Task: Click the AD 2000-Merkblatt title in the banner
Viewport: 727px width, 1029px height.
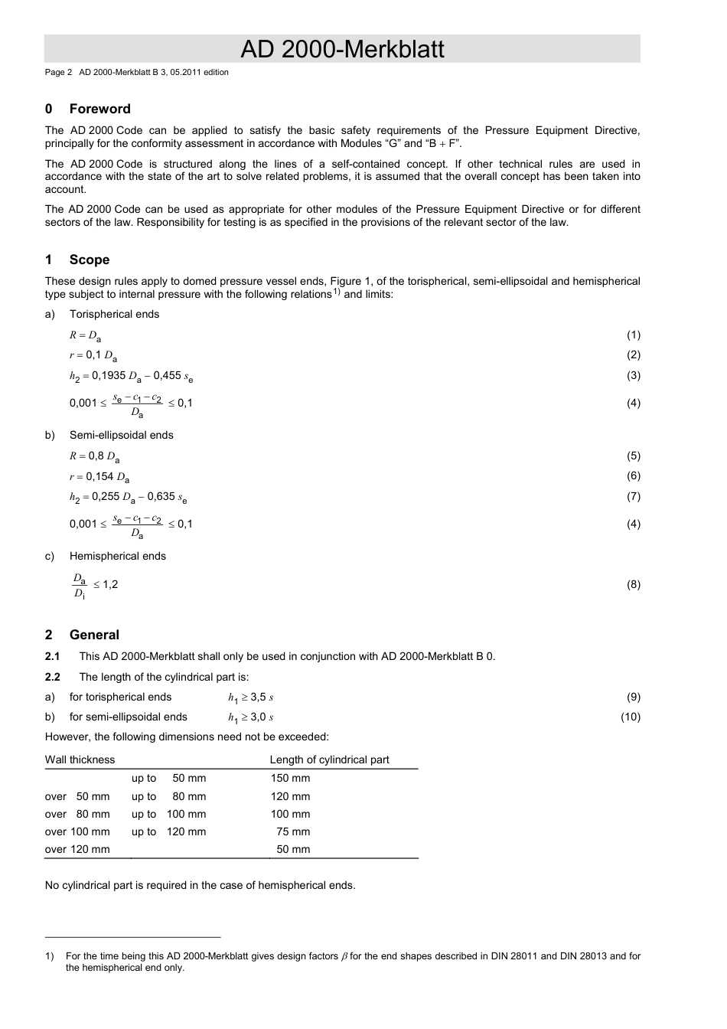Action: (342, 49)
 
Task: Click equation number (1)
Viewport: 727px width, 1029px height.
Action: (633, 335)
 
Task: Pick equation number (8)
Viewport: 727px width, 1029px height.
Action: (633, 584)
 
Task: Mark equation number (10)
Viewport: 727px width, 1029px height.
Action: (630, 717)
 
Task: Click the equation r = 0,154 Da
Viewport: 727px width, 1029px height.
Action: (99, 476)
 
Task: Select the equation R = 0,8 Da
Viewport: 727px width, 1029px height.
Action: (94, 456)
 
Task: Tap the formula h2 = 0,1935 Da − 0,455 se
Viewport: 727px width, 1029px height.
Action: (131, 376)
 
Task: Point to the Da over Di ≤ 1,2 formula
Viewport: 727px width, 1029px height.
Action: (95, 585)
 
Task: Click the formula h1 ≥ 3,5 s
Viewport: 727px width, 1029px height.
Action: (250, 697)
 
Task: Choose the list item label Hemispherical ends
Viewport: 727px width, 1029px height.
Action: (117, 556)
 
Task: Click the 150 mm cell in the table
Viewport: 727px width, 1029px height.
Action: (290, 778)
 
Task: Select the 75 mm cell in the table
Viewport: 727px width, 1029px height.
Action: (293, 831)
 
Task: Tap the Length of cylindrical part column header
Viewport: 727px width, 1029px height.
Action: (329, 759)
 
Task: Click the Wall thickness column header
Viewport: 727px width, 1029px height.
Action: (80, 759)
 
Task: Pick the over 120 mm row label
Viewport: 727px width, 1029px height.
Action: (77, 849)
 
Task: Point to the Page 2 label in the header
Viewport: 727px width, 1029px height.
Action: (58, 72)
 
